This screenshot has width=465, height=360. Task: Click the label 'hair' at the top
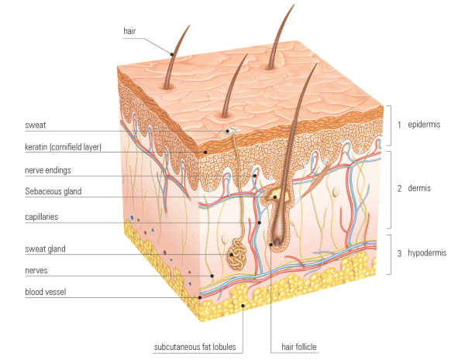click(x=129, y=31)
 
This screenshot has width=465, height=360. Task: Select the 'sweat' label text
click(x=36, y=125)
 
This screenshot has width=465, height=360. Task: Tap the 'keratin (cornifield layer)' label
click(x=64, y=147)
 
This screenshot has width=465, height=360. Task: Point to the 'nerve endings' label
click(x=48, y=170)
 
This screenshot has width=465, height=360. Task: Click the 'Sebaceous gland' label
click(x=53, y=191)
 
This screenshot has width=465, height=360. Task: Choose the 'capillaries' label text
click(x=42, y=217)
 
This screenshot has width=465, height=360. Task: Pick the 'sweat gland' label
click(x=46, y=249)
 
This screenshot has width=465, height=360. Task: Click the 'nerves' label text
click(x=36, y=270)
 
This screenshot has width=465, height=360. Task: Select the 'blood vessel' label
click(x=46, y=292)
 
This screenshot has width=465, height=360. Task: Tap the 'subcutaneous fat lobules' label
click(x=195, y=347)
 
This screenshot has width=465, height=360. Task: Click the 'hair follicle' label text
click(x=299, y=347)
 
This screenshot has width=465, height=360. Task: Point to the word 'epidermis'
click(x=424, y=125)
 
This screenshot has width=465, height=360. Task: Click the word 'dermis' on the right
click(x=419, y=188)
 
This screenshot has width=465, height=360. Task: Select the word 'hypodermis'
click(x=427, y=253)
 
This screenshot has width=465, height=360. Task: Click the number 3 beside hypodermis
click(x=399, y=253)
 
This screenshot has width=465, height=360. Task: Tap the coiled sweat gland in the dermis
click(x=237, y=254)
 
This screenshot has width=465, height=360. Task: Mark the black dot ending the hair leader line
click(x=172, y=54)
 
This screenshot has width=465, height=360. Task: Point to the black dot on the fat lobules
click(x=243, y=306)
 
